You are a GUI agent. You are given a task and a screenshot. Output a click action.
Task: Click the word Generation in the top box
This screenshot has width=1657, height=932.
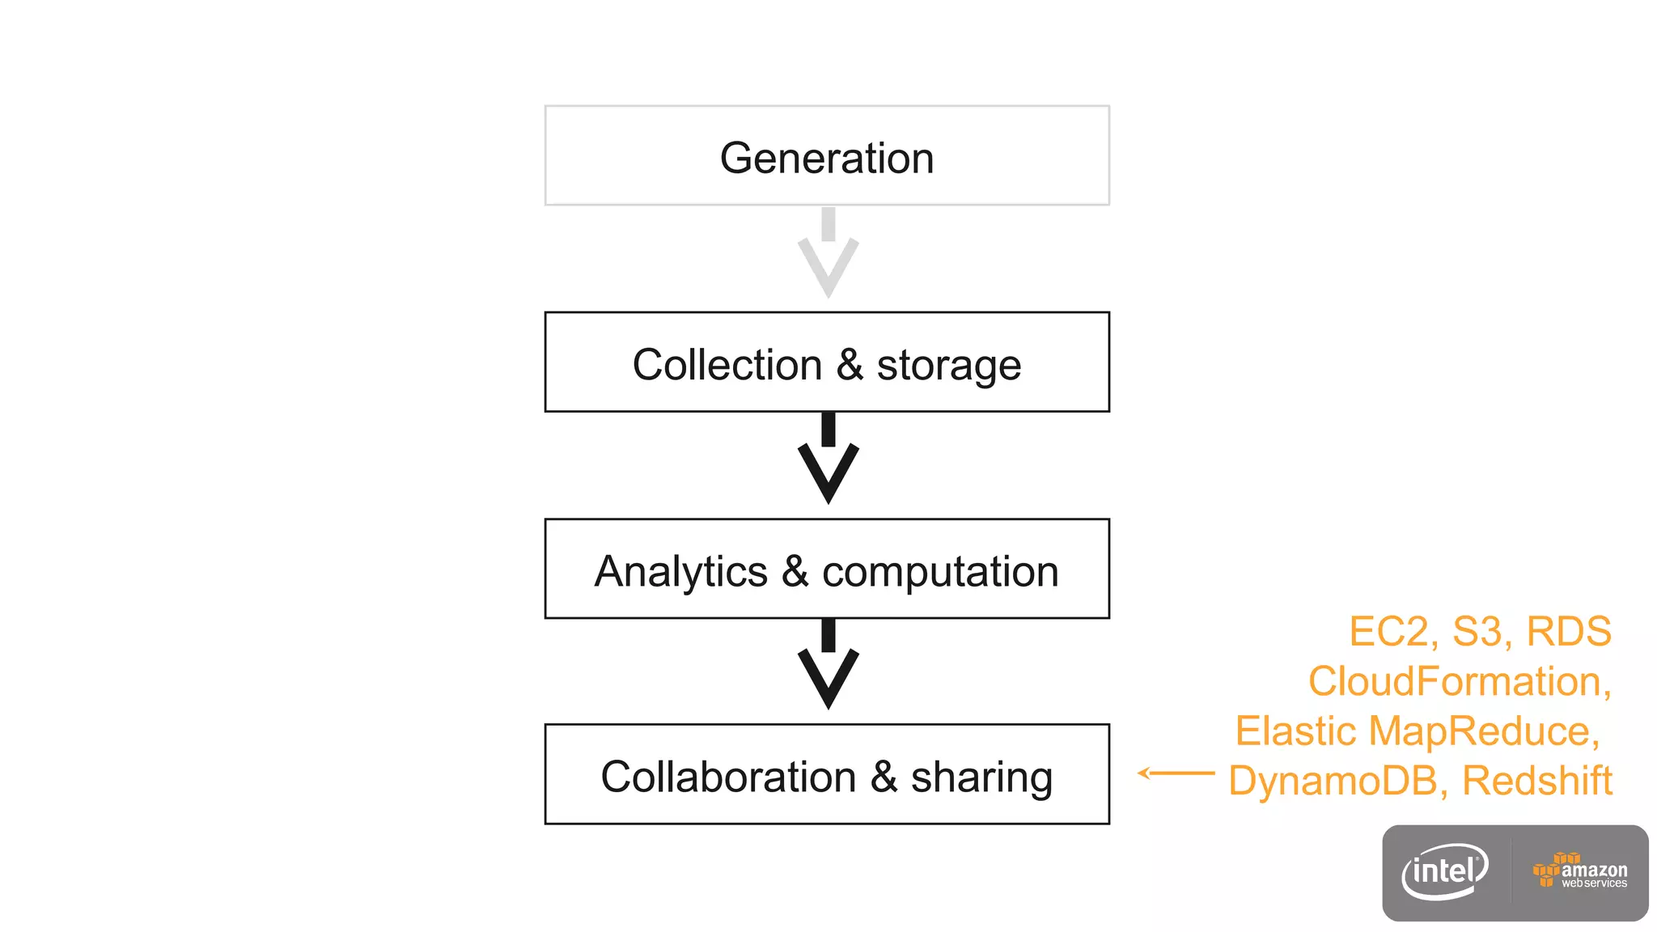click(827, 158)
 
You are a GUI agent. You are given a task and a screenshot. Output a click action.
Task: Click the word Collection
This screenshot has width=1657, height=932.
click(727, 365)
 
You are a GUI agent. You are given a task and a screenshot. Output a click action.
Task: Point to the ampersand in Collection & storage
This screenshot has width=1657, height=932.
click(850, 365)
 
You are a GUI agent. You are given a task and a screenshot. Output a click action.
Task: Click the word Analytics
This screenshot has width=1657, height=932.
click(680, 572)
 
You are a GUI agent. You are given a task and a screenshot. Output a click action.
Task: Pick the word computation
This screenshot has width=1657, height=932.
click(940, 572)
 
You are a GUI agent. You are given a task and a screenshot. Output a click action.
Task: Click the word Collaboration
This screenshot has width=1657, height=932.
click(728, 777)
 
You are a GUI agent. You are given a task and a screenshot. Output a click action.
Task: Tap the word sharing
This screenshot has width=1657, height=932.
click(981, 778)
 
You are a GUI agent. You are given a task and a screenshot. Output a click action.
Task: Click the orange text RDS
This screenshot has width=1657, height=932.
click(1568, 632)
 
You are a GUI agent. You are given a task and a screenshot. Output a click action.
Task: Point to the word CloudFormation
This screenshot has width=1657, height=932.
click(1455, 681)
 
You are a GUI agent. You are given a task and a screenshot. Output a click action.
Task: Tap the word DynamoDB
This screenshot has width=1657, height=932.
click(1333, 782)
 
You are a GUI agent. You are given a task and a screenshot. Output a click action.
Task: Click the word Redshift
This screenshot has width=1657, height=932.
click(1536, 782)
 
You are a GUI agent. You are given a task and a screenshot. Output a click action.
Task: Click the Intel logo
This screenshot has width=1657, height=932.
click(1445, 872)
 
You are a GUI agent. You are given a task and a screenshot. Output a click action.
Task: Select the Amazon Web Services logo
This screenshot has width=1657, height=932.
click(1580, 872)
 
